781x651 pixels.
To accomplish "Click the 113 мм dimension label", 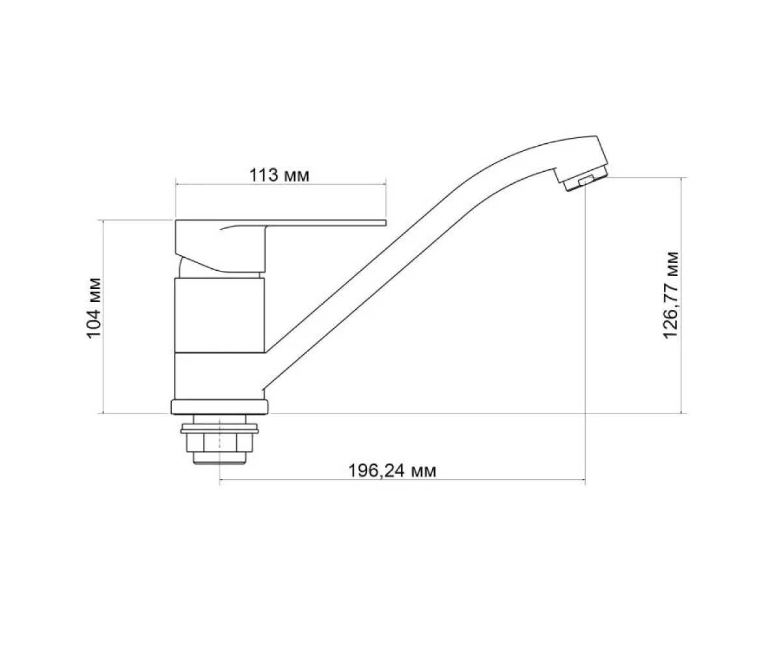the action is pyautogui.click(x=279, y=175).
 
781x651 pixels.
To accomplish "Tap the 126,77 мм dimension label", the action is pyautogui.click(x=670, y=295).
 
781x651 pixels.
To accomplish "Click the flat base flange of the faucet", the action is pyautogui.click(x=219, y=407).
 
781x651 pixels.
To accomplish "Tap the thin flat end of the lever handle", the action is pyautogui.click(x=325, y=223).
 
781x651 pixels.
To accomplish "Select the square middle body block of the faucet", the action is pyautogui.click(x=220, y=315).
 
